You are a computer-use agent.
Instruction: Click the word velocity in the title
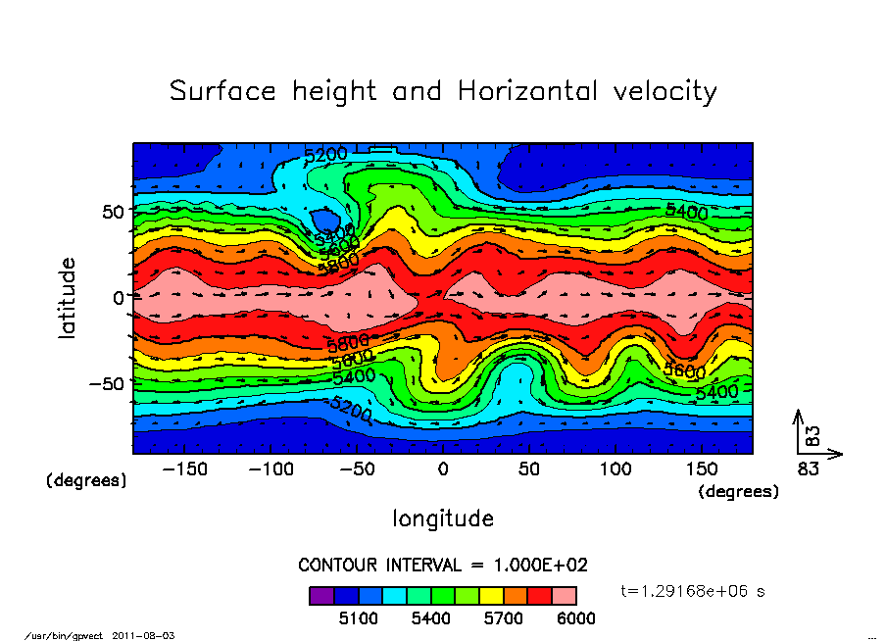(664, 92)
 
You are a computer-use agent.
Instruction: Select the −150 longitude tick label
(184, 469)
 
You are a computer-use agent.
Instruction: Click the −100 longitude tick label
(271, 469)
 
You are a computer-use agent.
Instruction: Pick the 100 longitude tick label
(615, 469)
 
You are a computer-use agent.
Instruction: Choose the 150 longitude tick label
(702, 469)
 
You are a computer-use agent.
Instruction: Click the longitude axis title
(443, 518)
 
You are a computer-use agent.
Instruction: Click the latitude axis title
(68, 298)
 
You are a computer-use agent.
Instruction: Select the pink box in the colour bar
(565, 595)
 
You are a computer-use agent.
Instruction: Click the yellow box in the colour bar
(491, 595)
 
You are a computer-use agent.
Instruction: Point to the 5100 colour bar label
(358, 618)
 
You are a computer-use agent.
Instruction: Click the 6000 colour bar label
(575, 618)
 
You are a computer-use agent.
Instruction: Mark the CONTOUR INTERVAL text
(442, 565)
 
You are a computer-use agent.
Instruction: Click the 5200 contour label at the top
(325, 155)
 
